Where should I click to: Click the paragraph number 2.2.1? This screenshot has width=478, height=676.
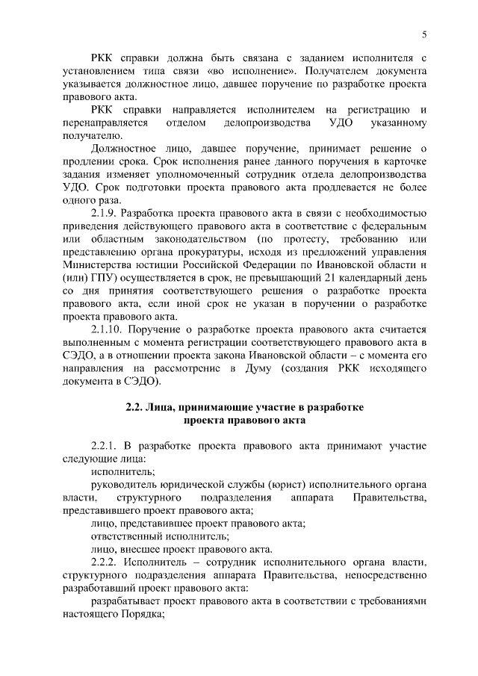pos(105,446)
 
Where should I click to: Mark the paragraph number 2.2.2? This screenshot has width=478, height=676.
pos(105,561)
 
